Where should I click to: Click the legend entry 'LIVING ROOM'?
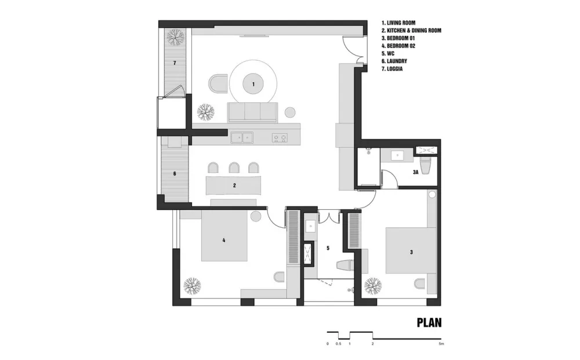pos(401,23)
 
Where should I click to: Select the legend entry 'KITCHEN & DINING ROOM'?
pos(414,31)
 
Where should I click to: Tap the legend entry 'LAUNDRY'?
pos(397,61)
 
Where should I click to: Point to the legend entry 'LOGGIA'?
pos(394,69)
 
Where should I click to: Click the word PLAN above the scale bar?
pos(429,323)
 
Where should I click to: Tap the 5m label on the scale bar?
pos(441,344)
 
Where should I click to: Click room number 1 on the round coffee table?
pos(253,84)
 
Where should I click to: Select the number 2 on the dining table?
pos(234,186)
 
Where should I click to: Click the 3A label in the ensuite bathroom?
pos(415,172)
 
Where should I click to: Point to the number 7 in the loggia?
pos(175,63)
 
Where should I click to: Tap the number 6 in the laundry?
pos(175,174)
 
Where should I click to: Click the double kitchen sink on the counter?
pos(242,138)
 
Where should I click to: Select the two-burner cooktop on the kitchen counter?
pos(280,138)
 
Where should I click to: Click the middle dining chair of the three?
pos(234,168)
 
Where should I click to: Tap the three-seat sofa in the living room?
pos(253,112)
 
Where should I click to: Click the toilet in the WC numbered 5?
pos(344,266)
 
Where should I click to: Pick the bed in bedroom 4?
pos(224,236)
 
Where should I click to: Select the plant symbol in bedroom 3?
pos(373,286)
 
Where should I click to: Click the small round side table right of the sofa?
pos(290,111)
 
